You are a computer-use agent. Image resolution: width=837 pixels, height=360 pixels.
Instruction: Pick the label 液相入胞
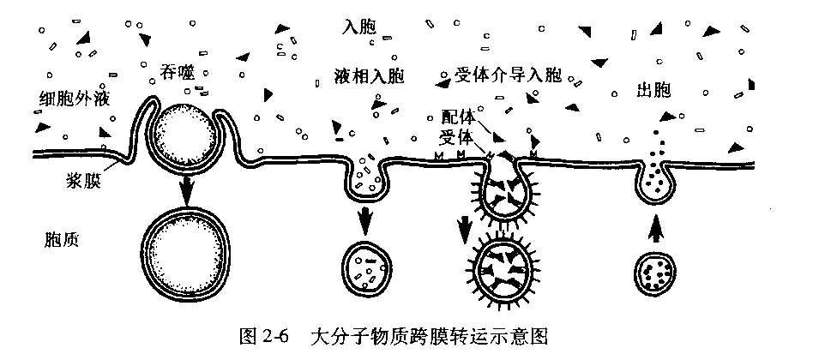[x=369, y=76]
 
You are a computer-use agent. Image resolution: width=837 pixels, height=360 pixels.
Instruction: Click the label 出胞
[x=654, y=90]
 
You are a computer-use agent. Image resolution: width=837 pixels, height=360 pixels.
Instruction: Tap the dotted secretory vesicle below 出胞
[x=656, y=273]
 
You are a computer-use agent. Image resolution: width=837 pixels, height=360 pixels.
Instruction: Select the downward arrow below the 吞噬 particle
[x=184, y=189]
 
